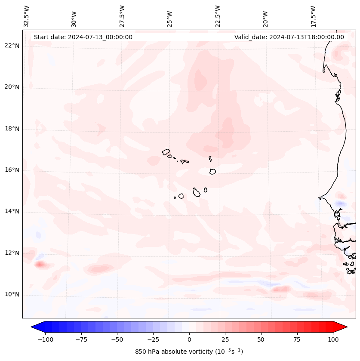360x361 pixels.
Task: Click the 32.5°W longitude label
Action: pos(27,16)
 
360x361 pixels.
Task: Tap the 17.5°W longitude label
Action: pos(313,16)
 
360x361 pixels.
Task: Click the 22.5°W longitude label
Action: pos(218,16)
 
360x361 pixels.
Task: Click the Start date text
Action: pos(83,37)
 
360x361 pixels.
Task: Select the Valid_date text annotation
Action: pos(289,37)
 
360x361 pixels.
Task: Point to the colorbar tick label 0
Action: pos(189,339)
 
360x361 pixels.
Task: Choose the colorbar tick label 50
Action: pos(261,339)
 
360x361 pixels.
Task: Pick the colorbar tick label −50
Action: pos(117,339)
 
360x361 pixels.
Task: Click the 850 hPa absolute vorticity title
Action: pos(189,352)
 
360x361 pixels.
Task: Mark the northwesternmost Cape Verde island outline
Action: pos(166,152)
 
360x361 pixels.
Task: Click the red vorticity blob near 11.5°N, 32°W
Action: pos(40,264)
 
